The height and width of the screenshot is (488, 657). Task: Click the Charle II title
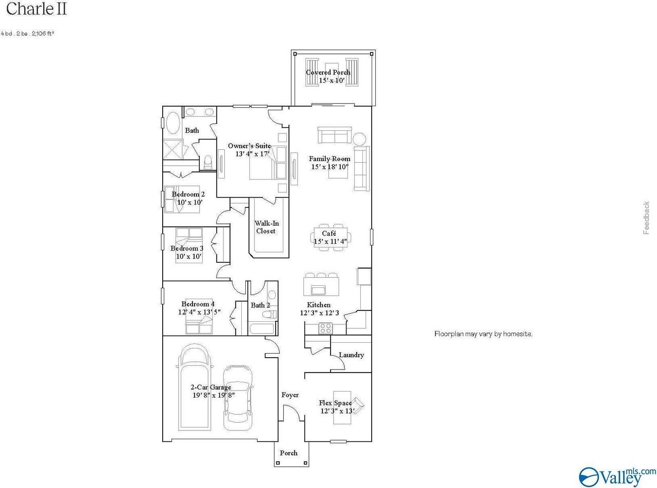click(x=36, y=9)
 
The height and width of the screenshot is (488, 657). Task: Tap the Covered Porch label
click(x=328, y=72)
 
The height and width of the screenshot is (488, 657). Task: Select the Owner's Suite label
click(x=249, y=146)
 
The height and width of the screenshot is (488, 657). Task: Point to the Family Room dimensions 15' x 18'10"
click(x=330, y=167)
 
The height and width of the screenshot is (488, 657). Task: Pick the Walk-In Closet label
click(x=266, y=227)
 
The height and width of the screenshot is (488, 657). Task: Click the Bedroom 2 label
click(x=188, y=194)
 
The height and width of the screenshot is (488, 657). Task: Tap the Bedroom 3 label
click(x=187, y=248)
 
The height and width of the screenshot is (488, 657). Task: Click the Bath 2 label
click(x=260, y=305)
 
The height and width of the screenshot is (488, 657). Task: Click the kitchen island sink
click(x=319, y=291)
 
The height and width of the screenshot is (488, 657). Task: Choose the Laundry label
click(x=351, y=355)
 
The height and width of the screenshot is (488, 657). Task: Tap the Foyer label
click(x=290, y=395)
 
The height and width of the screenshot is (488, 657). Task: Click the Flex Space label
click(x=336, y=403)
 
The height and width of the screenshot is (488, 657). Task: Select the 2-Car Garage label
click(x=211, y=387)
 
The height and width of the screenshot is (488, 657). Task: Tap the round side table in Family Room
click(x=359, y=139)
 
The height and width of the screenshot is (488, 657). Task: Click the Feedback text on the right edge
click(x=646, y=218)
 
